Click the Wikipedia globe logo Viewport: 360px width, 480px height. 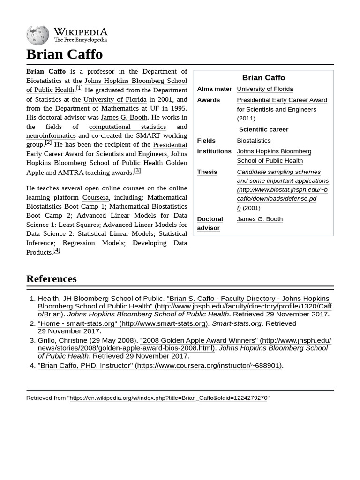37,35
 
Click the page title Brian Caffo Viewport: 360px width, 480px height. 64,54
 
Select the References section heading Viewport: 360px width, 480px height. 51,278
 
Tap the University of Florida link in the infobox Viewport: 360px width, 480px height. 265,89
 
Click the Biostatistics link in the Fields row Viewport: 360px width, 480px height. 254,140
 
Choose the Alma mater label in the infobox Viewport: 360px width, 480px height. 214,89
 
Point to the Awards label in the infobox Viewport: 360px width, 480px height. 208,100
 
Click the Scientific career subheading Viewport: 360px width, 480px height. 263,129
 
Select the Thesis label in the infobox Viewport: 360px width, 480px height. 207,172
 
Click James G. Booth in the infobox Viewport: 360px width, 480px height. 260,219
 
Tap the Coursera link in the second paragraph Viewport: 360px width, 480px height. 95,197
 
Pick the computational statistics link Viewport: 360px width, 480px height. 127,127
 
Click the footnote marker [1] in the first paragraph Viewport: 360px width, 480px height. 79,88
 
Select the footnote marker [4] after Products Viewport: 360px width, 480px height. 57,250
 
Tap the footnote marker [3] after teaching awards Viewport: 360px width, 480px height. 137,170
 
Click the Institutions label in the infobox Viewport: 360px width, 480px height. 214,151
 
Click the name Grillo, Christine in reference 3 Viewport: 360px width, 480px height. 64,340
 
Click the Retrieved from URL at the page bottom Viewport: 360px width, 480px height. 168,398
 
